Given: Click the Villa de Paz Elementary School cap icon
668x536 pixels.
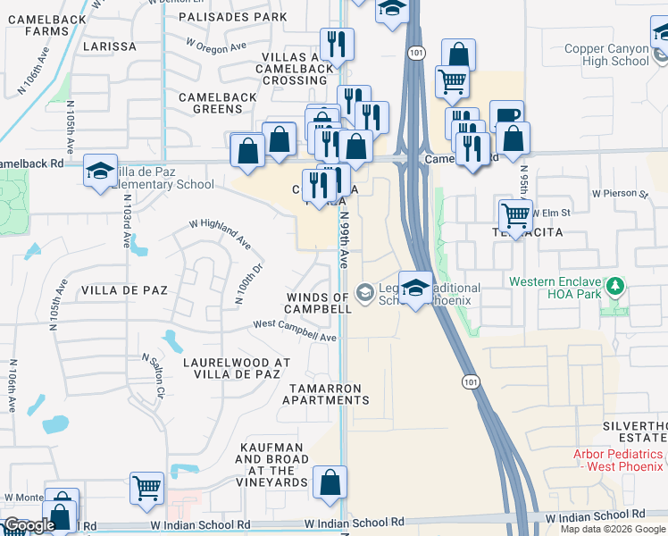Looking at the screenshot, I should point(100,171).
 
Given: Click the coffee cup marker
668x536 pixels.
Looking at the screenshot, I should point(506,116).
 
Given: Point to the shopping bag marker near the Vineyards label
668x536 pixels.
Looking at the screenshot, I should point(330,482).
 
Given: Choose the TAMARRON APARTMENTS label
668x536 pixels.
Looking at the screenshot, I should point(325,394).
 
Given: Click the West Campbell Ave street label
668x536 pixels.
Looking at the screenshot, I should point(295,331).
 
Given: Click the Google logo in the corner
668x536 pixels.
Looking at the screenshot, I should point(29,525).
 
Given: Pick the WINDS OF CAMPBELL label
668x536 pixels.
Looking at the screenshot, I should point(319,303).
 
